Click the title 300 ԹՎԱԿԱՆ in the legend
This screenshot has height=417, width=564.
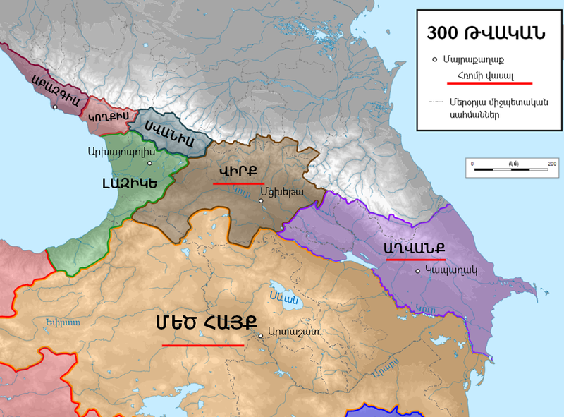coord(484,35)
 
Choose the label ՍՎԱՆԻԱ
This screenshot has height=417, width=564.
coord(170,132)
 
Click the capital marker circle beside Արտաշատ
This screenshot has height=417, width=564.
coord(262,336)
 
